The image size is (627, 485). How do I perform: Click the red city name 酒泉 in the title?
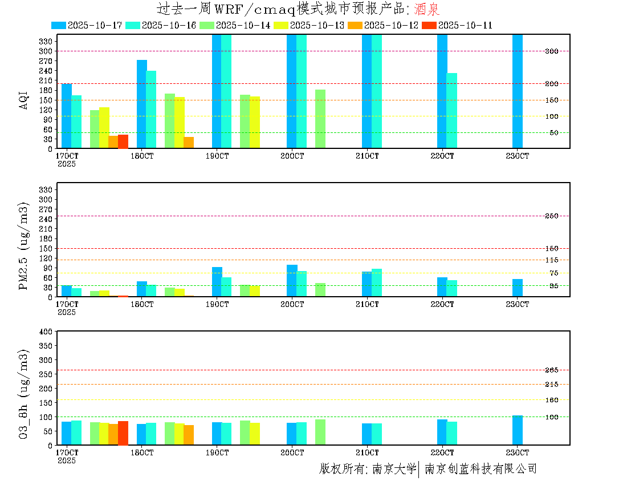[427, 9]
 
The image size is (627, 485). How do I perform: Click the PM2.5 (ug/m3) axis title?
[23, 246]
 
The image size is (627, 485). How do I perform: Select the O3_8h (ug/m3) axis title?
[23, 394]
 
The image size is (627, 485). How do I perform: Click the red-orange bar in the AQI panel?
[123, 141]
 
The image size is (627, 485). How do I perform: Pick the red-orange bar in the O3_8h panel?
[123, 433]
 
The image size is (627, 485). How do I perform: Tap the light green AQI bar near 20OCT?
[320, 119]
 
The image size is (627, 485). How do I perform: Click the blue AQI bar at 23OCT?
[517, 91]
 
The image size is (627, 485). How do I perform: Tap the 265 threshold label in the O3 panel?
[551, 370]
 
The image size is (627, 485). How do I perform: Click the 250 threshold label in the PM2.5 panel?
[551, 216]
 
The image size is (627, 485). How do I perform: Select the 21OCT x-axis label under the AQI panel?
[367, 156]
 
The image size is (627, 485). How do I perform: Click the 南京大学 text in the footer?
[394, 469]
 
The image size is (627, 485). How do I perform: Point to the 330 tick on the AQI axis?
[46, 41]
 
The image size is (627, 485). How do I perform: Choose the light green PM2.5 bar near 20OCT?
[320, 290]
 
